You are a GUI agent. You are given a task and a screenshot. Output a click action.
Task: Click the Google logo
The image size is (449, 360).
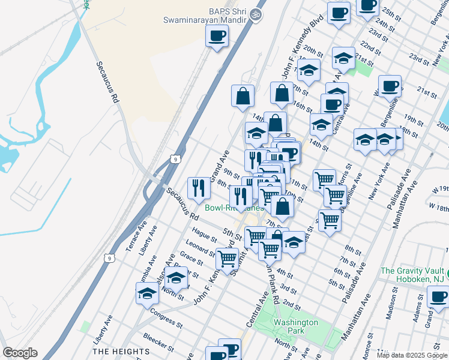[20, 353]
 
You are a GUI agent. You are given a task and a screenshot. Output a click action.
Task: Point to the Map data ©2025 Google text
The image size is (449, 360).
[412, 355]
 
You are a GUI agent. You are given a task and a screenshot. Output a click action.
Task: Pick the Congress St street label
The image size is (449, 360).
[166, 314]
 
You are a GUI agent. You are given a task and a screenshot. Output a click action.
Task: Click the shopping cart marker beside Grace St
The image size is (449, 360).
[227, 259]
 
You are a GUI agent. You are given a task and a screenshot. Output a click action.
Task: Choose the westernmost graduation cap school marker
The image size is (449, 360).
[147, 294]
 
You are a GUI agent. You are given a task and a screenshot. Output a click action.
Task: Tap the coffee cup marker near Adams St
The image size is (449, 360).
[438, 297]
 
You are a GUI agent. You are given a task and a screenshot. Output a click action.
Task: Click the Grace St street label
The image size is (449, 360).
[191, 258]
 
